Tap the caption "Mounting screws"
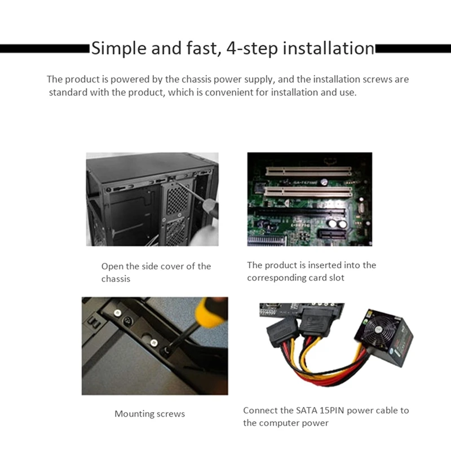point(149,414)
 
